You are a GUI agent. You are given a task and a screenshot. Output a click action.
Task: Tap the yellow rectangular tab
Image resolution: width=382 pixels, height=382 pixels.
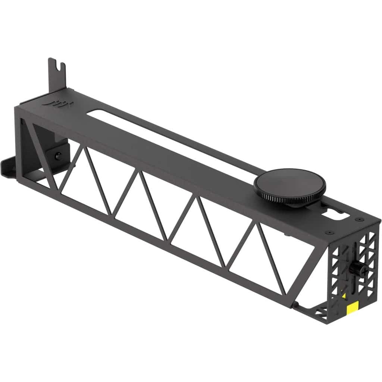pos(352,308)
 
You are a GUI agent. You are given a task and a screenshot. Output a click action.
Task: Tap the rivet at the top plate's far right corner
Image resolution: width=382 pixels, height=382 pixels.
pos(358,219)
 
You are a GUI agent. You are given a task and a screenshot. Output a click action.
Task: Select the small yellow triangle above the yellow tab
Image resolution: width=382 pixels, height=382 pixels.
pos(344,296)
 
